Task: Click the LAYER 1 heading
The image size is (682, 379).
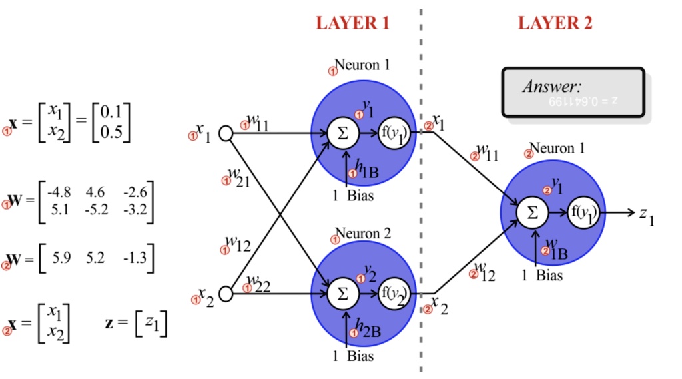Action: [x=352, y=23]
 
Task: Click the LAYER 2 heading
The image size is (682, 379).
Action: [x=555, y=23]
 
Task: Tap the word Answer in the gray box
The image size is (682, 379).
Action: [x=552, y=86]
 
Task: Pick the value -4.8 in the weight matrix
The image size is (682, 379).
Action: [x=58, y=192]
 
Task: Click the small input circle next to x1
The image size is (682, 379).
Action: [x=226, y=133]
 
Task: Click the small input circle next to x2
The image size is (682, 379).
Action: [x=226, y=293]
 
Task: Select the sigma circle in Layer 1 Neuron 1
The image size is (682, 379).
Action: [x=343, y=133]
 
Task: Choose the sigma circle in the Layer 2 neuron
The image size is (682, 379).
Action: [x=532, y=213]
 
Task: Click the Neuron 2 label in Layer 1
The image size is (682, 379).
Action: [x=362, y=234]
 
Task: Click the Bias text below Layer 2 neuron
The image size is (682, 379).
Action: [x=549, y=274]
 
